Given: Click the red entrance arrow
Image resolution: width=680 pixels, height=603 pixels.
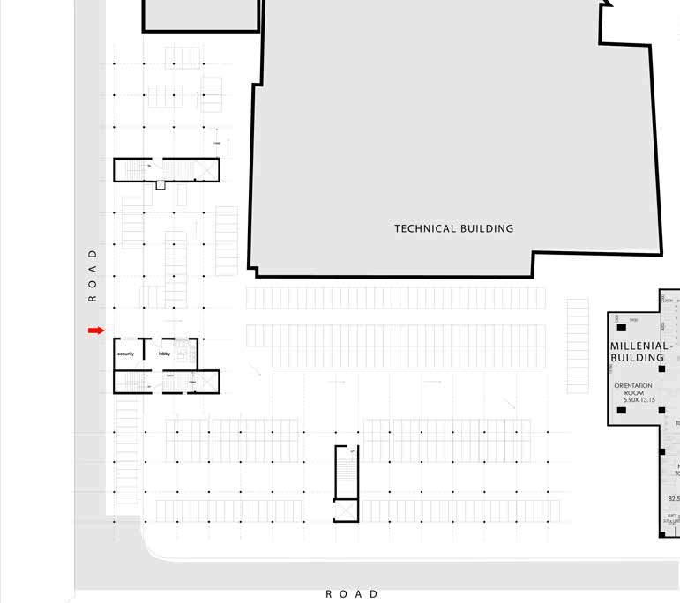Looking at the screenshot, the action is pos(96,331).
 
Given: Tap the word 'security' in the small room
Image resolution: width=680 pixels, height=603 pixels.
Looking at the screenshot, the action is pos(125,354).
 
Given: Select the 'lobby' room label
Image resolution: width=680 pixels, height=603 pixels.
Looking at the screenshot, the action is pos(164,354).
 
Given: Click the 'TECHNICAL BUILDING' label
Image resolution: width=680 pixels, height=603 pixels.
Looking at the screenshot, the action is pos(453,228).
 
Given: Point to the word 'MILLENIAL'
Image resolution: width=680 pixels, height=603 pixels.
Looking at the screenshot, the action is pos(639,346).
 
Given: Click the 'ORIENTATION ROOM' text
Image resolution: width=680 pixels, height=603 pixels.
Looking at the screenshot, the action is pos(633,390).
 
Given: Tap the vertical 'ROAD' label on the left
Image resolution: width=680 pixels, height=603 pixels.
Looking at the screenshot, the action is pos(92,275).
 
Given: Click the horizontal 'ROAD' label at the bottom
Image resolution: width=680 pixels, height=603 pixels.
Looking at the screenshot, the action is pos(352,594).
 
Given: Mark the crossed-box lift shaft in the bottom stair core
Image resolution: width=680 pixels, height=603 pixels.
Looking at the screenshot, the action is pos(347,510).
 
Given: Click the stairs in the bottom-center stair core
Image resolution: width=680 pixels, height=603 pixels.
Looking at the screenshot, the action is pos(347,473).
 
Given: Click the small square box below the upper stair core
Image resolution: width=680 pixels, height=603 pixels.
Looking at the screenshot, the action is pos(160,184).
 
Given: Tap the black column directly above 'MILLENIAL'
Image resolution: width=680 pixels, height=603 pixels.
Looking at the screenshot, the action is pos(621,328).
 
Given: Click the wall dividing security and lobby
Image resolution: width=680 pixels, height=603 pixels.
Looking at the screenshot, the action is pos(144,350).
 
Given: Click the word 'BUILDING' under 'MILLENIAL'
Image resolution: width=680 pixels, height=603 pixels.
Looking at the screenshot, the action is pos(637,359).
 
